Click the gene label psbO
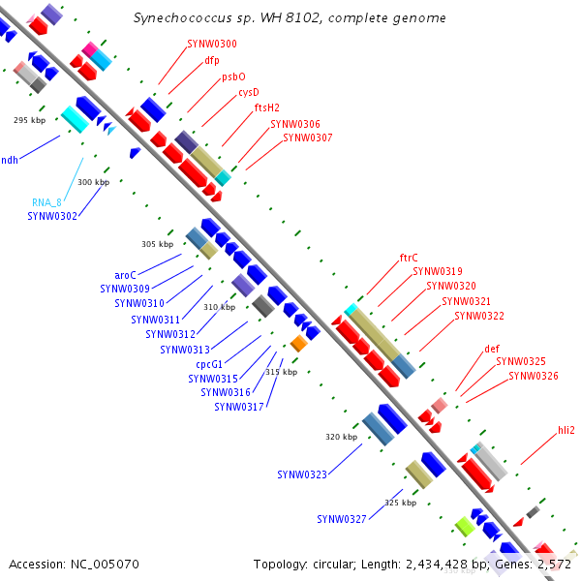point(233,76)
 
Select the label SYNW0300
point(212,44)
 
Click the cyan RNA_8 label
point(46,202)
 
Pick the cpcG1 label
point(210,364)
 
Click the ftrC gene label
point(409,258)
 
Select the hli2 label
point(566,430)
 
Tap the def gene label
point(492,349)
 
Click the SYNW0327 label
point(342,519)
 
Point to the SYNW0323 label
point(302,474)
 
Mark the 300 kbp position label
point(94,182)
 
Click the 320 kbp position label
point(341,437)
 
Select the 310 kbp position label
point(219,307)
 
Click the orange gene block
point(299,344)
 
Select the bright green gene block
point(464,526)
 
